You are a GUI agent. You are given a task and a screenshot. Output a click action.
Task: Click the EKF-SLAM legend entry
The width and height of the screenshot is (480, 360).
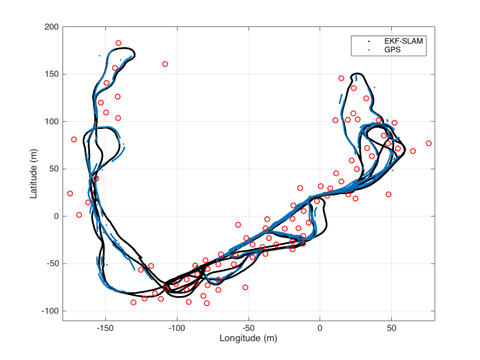pyautogui.click(x=394, y=40)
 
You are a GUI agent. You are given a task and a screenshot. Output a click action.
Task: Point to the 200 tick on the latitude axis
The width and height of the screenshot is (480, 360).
pyautogui.click(x=51, y=27)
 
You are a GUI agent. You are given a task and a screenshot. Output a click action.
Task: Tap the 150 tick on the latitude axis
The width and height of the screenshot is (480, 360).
pyautogui.click(x=51, y=74)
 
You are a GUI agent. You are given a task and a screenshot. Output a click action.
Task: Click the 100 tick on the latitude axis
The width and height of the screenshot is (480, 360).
pyautogui.click(x=51, y=122)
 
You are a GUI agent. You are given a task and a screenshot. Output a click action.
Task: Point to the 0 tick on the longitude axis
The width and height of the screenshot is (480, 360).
pyautogui.click(x=320, y=327)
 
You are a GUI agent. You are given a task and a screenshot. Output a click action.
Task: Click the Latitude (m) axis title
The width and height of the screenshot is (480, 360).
pyautogui.click(x=32, y=174)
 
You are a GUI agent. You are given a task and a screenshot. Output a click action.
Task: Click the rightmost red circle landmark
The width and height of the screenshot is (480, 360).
pyautogui.click(x=429, y=143)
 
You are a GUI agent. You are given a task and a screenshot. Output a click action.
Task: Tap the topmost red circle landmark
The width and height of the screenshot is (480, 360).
pyautogui.click(x=118, y=43)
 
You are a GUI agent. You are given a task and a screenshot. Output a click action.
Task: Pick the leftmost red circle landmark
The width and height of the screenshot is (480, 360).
pyautogui.click(x=70, y=193)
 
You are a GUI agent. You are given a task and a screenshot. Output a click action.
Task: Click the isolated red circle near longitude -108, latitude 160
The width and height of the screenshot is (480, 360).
pyautogui.click(x=165, y=64)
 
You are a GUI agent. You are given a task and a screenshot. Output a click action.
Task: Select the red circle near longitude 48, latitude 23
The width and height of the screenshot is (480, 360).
pyautogui.click(x=389, y=194)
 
